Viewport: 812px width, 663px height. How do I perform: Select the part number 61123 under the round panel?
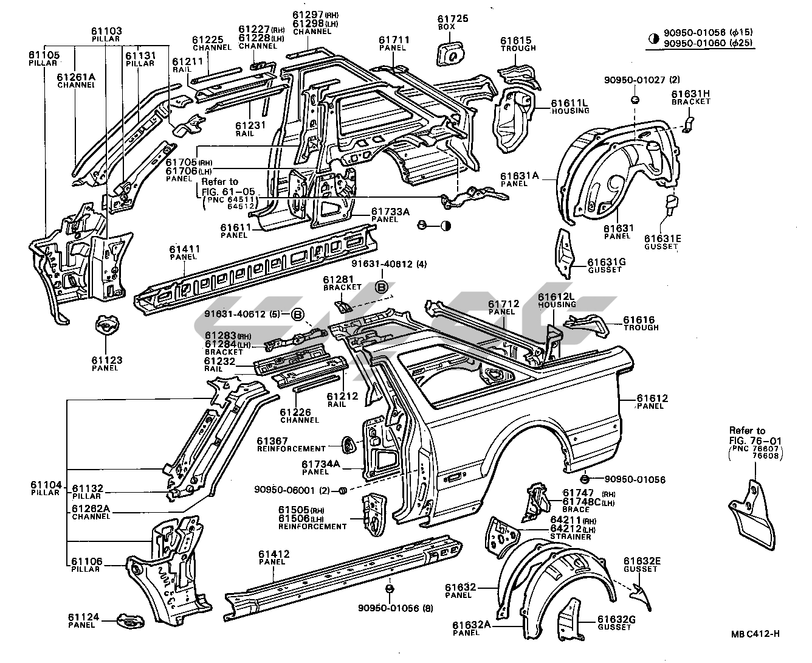pos(107,360)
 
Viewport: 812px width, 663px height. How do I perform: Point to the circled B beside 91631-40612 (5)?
pos(298,314)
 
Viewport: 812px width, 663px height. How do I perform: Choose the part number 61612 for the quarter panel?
pos(652,398)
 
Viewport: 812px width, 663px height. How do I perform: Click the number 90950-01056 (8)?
pos(389,608)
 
